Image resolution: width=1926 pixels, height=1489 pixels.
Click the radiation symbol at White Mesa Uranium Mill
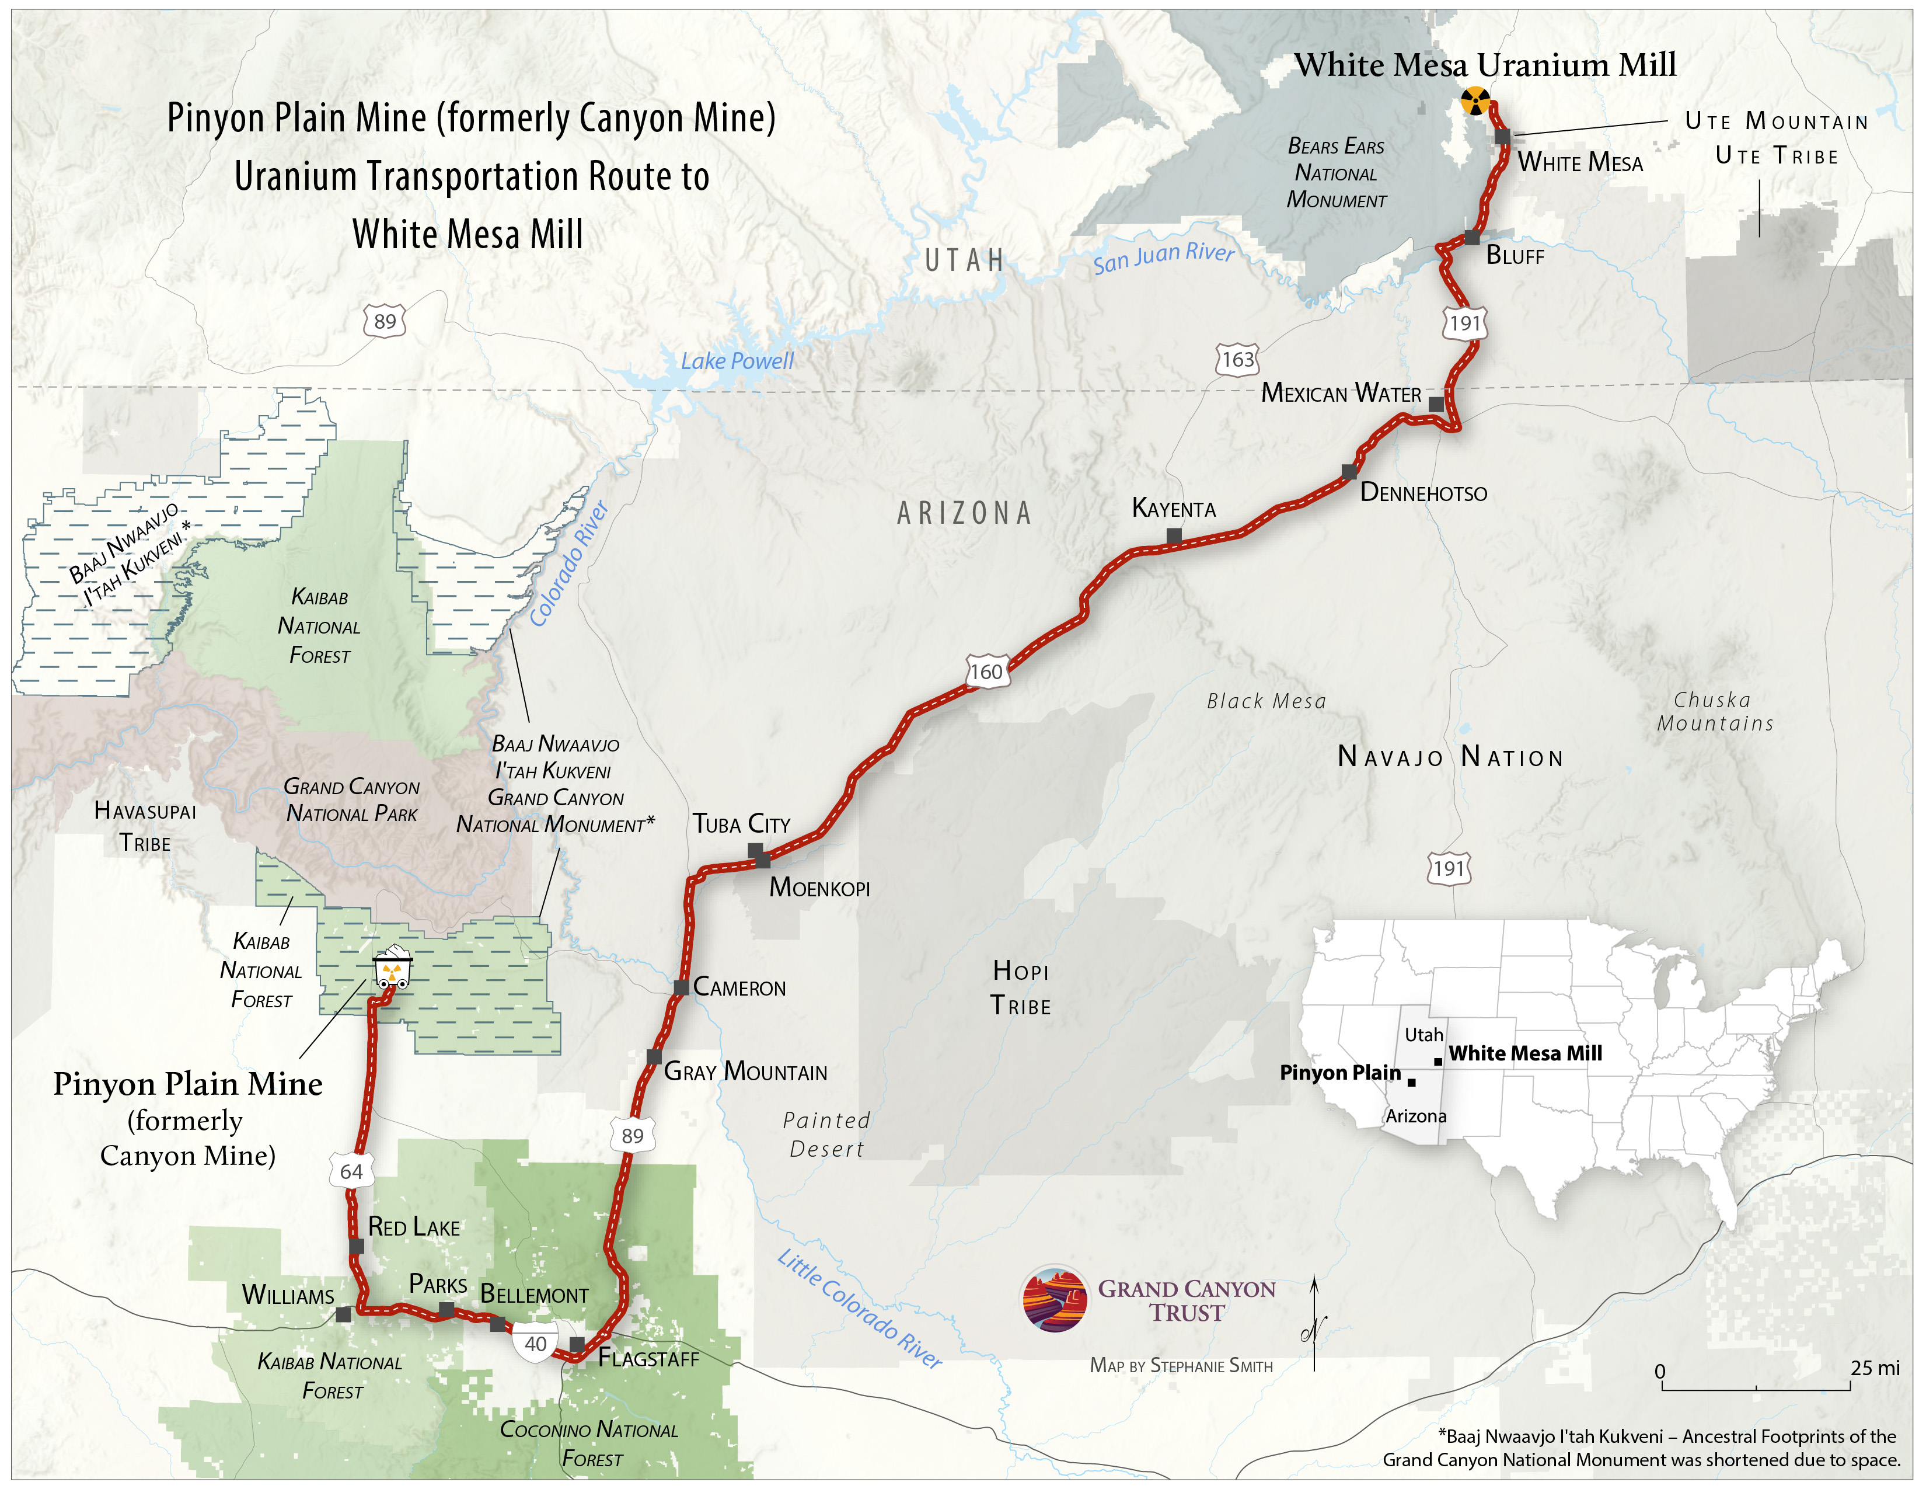(1475, 100)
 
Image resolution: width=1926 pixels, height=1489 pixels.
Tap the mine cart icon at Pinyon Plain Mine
(392, 969)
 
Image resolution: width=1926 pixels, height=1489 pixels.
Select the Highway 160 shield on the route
(986, 672)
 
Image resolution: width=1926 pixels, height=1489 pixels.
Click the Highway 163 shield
(1237, 359)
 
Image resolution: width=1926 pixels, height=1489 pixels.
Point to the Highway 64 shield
(351, 1171)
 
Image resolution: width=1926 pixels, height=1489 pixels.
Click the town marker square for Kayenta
(1174, 535)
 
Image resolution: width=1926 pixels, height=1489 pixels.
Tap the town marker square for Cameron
(681, 987)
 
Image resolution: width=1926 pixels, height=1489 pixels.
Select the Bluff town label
(1514, 256)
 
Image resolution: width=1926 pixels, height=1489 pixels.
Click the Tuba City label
(741, 824)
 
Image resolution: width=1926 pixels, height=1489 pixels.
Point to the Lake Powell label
(737, 361)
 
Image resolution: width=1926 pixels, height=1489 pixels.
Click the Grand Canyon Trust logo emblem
(1055, 1299)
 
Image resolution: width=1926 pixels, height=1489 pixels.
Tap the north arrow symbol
(1314, 1323)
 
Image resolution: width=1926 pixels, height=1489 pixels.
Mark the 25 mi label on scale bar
(1875, 1368)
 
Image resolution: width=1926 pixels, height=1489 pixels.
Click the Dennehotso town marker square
(1349, 472)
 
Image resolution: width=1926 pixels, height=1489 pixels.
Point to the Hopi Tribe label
(1020, 988)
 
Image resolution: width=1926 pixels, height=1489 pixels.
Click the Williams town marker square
(344, 1314)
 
